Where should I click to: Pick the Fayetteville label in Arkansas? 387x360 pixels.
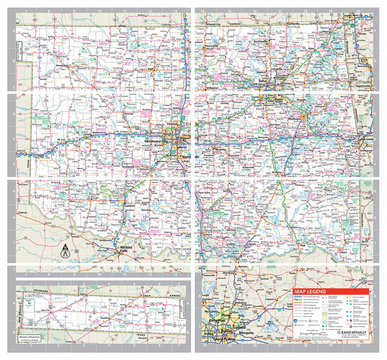[x=362, y=85]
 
